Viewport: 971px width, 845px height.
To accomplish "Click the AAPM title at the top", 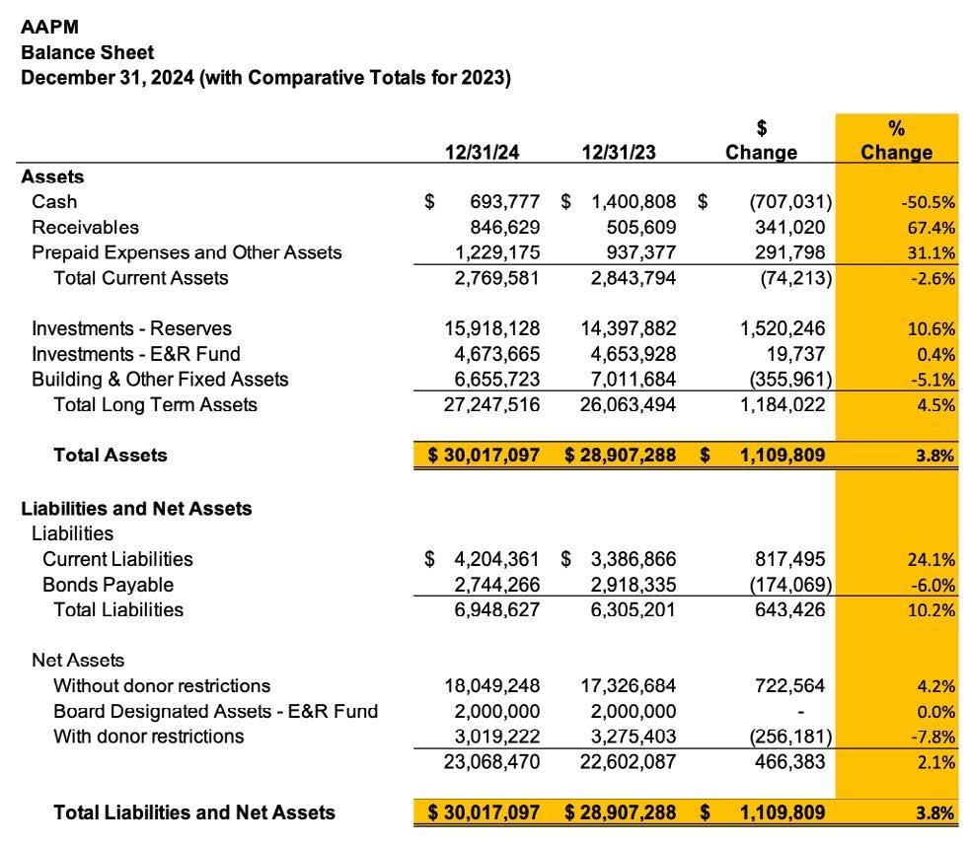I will pos(49,28).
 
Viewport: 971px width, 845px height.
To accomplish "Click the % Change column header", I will pos(896,140).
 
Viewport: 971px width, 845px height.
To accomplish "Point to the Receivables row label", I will pos(86,227).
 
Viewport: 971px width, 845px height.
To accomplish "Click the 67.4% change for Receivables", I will pos(932,228).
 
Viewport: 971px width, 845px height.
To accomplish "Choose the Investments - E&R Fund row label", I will pos(135,353).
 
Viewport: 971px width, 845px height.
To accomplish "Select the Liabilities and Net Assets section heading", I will pos(136,509).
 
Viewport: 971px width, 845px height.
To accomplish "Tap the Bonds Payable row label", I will pos(108,584).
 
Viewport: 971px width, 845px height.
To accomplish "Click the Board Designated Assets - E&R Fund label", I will pos(215,711).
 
